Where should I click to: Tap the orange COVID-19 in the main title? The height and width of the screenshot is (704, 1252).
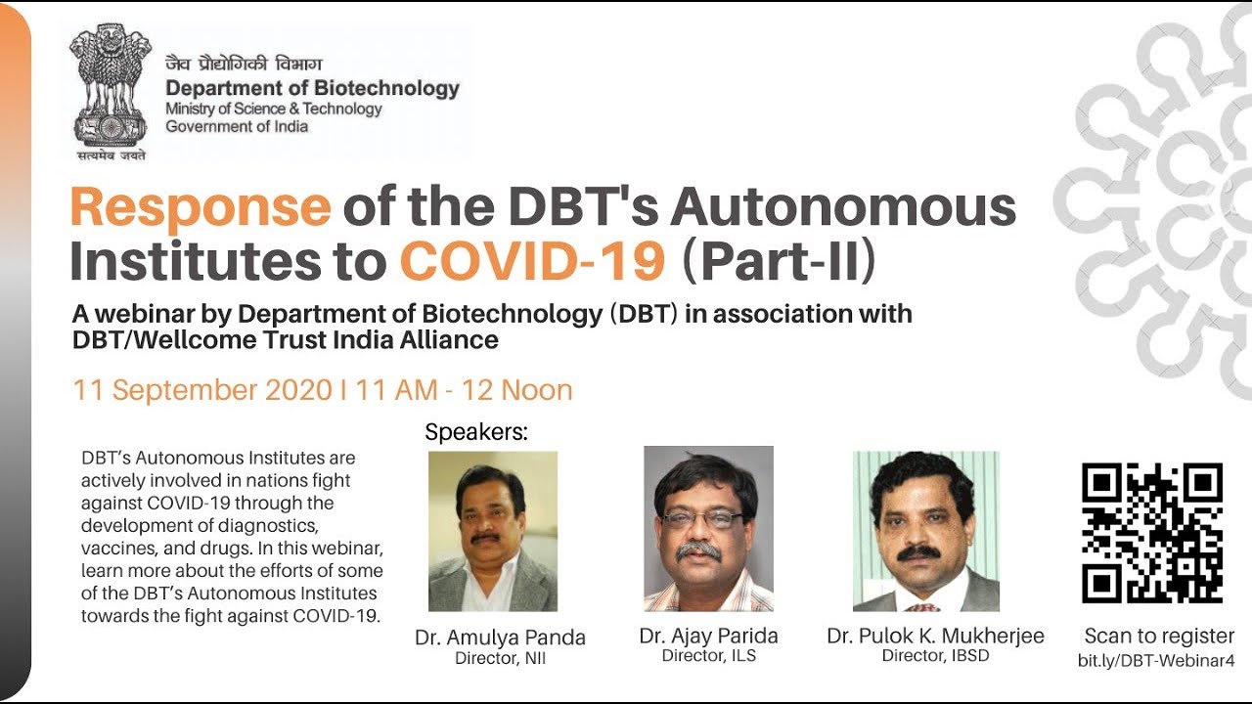[532, 260]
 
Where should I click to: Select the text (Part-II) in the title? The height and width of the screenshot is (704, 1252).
[780, 261]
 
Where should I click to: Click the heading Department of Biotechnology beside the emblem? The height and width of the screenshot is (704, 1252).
[312, 88]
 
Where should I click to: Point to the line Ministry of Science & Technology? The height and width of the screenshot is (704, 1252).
[273, 109]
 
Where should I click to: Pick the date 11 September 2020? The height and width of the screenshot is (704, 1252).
[202, 390]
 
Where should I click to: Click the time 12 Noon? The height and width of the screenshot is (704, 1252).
[517, 390]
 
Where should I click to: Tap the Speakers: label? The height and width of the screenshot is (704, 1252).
[476, 432]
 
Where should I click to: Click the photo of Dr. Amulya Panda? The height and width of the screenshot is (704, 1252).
[492, 531]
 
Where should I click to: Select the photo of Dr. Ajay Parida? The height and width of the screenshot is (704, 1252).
[708, 529]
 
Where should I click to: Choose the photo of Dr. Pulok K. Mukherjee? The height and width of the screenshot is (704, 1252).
[925, 531]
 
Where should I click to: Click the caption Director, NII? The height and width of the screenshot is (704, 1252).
[500, 659]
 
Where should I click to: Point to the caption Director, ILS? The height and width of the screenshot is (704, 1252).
[709, 656]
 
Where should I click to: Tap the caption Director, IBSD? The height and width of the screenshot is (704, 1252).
[936, 656]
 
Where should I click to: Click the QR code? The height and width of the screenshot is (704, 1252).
[1152, 533]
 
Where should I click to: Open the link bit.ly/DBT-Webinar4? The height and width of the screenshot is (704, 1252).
[1156, 661]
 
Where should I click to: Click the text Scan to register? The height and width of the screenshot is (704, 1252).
[1159, 636]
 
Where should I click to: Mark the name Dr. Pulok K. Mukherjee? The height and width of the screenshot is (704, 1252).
[936, 636]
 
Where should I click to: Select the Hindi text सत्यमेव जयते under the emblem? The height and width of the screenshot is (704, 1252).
[112, 155]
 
